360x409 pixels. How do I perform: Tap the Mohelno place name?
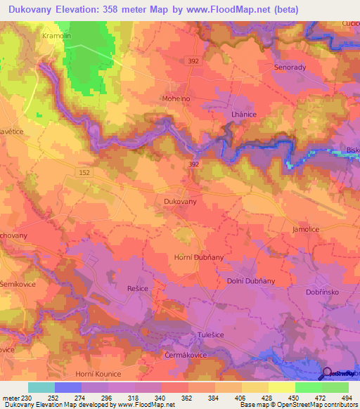pos(174,99)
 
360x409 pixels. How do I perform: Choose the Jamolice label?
pos(307,230)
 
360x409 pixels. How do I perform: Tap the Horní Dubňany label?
pos(199,258)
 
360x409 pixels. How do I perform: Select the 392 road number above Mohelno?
pos(193,61)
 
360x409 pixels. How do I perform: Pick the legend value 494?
pos(345,397)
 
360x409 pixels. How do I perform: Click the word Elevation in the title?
pos(83,10)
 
